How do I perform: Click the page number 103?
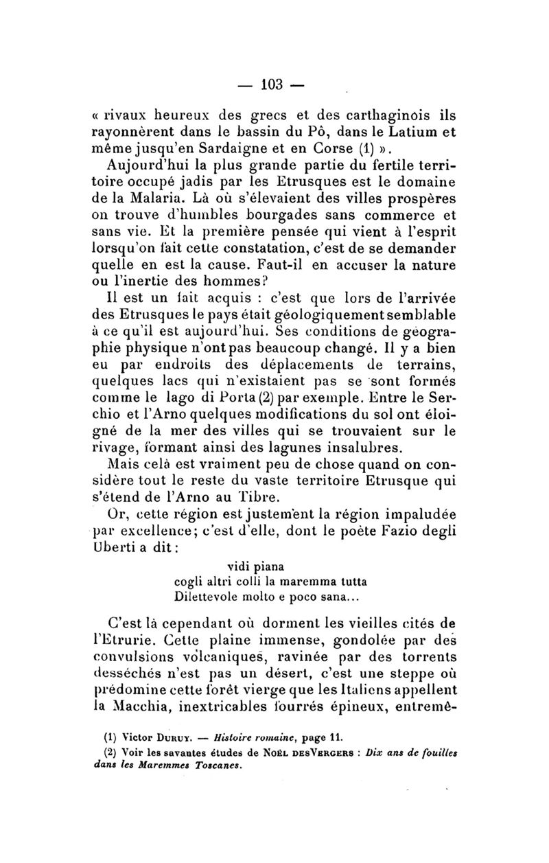(272, 85)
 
